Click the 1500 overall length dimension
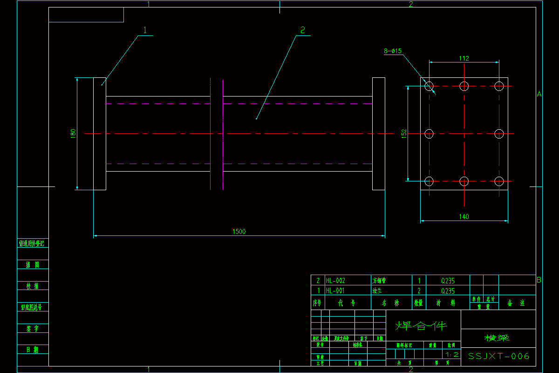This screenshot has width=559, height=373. tap(239, 231)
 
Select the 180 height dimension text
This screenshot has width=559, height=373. tap(73, 133)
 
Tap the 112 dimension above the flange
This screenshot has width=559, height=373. tap(464, 58)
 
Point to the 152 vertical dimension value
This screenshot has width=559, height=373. tap(404, 133)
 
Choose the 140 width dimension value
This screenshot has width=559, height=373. tap(464, 216)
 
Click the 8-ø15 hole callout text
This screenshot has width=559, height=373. tap(393, 51)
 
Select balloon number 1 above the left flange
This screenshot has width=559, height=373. tap(145, 30)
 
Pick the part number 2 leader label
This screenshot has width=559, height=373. tap(303, 30)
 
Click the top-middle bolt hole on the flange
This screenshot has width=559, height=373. tap(464, 86)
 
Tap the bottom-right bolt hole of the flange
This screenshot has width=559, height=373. tap(499, 181)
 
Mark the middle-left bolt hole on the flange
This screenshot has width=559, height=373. tap(429, 134)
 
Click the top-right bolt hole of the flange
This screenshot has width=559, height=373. tap(499, 86)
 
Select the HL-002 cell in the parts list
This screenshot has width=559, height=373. tap(335, 281)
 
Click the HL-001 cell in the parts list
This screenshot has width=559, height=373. tap(335, 291)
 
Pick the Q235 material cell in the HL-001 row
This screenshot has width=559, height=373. tap(448, 291)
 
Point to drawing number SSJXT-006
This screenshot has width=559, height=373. tap(498, 356)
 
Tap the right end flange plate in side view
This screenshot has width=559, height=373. tap(378, 134)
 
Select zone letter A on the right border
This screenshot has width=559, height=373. tap(539, 94)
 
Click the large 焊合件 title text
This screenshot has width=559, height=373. tap(421, 325)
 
